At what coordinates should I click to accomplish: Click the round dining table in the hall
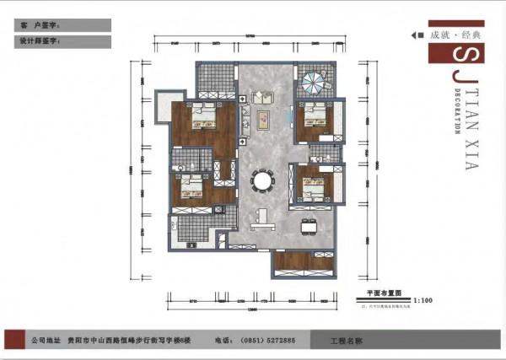click(263, 180)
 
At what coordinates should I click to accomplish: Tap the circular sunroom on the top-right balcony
click(315, 83)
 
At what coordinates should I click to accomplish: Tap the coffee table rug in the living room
click(263, 118)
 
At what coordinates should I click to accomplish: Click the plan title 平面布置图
click(380, 292)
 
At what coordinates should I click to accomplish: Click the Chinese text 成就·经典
click(456, 35)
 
